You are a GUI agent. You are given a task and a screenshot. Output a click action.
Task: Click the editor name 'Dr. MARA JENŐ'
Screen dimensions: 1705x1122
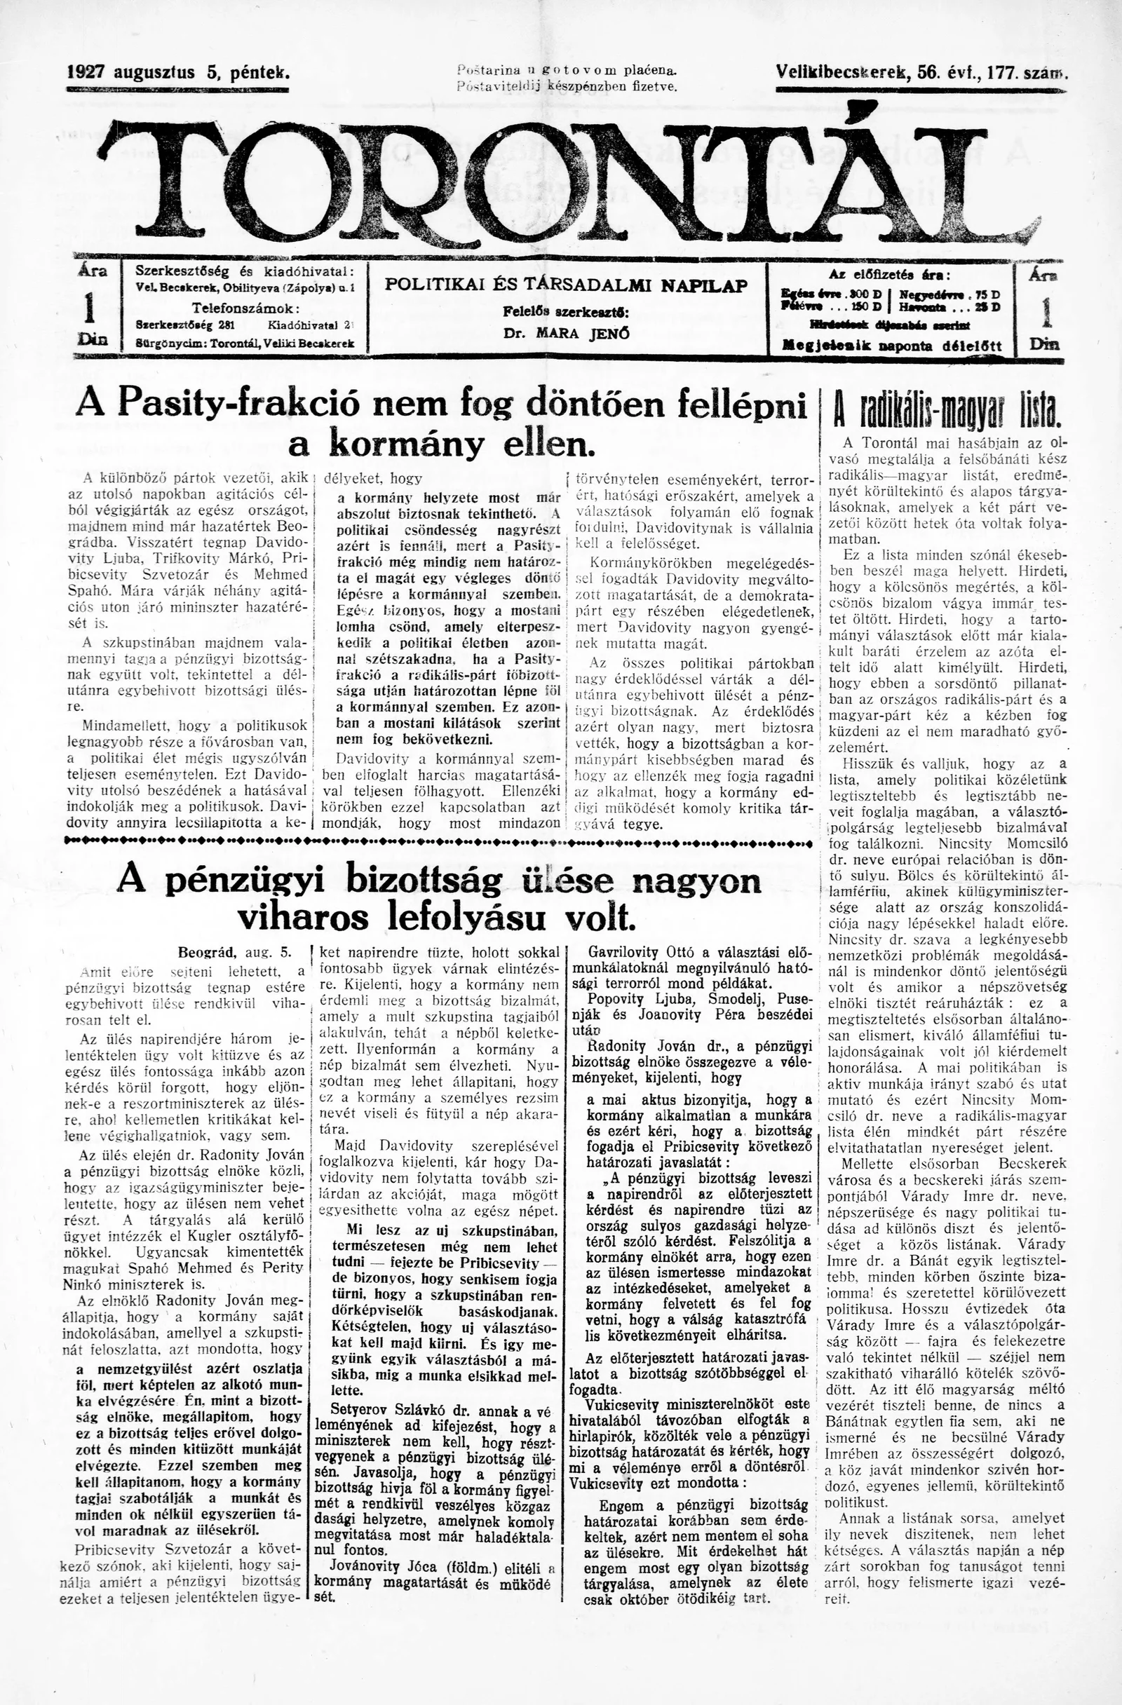[x=567, y=333]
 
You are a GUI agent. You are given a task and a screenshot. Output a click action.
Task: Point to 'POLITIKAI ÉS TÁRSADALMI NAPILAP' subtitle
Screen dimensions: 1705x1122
[x=566, y=285]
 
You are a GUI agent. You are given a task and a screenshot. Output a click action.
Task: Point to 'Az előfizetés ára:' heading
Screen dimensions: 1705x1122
[x=889, y=274]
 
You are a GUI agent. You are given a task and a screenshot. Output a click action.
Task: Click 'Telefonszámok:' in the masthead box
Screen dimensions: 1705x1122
[x=245, y=308]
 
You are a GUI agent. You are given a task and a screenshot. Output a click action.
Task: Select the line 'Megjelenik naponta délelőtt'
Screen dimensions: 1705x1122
[x=891, y=347]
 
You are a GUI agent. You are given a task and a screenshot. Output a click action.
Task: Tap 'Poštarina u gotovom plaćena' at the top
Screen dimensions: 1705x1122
[x=566, y=70]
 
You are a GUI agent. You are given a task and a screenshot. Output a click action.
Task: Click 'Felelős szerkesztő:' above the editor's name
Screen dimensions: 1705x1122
[x=566, y=313]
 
